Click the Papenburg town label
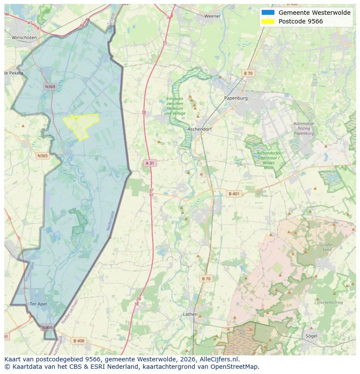pyautogui.click(x=236, y=98)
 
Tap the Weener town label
pyautogui.click(x=212, y=16)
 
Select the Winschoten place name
pyautogui.click(x=24, y=38)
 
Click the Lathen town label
pyautogui.click(x=190, y=314)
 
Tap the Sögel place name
pyautogui.click(x=311, y=336)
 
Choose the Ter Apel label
pyautogui.click(x=38, y=304)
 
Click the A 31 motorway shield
pyautogui.click(x=150, y=163)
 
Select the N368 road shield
pyautogui.click(x=50, y=86)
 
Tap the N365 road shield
pyautogui.click(x=43, y=156)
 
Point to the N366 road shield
pyautogui.click(x=47, y=327)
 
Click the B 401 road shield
pyautogui.click(x=234, y=194)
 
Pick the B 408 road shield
pyautogui.click(x=79, y=341)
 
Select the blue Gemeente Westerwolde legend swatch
pyautogui.click(x=268, y=13)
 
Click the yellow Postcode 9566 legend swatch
pyautogui.click(x=268, y=21)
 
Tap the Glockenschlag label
pyautogui.click(x=330, y=302)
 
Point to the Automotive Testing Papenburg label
pyautogui.click(x=303, y=128)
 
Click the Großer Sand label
pyautogui.click(x=327, y=247)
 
